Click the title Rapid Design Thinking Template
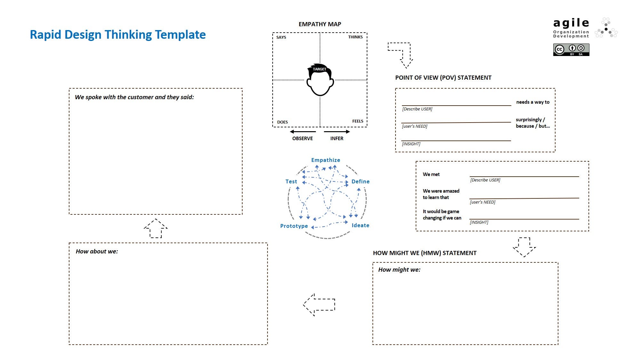coord(117,35)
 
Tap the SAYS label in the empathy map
coord(281,37)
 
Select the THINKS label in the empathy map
coord(355,37)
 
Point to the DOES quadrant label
coord(282,122)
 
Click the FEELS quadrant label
coord(357,121)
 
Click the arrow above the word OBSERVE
coord(303,132)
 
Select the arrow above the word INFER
coord(337,132)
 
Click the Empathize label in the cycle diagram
coord(325,160)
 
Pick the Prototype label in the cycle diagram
coord(294,226)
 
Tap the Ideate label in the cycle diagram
coord(360,225)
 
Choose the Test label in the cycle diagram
coord(291,181)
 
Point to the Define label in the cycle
coord(360,181)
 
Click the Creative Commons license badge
coord(571,50)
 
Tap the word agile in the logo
coord(571,23)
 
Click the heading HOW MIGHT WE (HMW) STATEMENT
coord(425,253)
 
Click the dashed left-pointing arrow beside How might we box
coord(319,305)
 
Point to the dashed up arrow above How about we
coord(156,228)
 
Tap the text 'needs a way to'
coord(532,102)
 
